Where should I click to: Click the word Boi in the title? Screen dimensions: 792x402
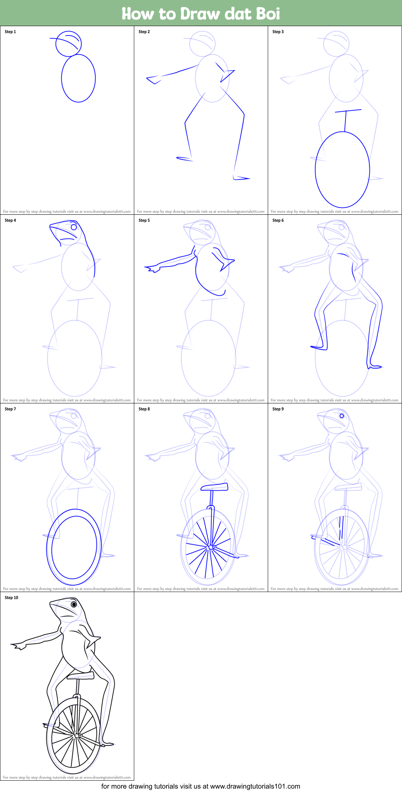268,14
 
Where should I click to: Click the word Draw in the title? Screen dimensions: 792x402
200,14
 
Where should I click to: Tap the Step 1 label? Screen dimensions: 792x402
10,32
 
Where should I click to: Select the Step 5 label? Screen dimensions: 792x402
144,220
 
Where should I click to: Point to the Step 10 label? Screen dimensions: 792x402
11,598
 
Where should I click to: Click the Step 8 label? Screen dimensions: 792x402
144,409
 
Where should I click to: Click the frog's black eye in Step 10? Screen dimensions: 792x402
74,604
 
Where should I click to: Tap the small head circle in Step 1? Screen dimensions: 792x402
68,43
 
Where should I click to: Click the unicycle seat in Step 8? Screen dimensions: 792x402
214,487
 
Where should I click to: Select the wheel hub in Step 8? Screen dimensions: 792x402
211,547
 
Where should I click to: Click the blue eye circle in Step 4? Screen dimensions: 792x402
74,227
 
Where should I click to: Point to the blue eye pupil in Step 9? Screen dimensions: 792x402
342,416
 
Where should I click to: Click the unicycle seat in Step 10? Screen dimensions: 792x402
81,675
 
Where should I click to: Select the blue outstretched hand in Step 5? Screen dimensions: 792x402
152,269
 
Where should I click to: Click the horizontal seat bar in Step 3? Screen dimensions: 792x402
348,111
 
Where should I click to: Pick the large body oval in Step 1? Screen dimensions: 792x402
78,78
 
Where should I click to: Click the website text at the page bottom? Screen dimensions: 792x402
201,786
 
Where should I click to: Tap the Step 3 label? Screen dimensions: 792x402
278,32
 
